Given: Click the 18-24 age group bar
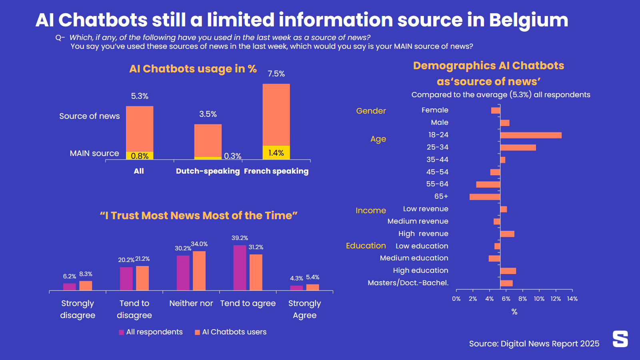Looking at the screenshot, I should coord(531,135).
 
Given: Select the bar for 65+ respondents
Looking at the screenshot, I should coord(485,197).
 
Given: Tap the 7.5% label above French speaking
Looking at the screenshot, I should coord(276,74).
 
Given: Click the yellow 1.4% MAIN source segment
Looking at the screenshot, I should coord(276,152).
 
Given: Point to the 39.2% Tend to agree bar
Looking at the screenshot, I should coord(240,268).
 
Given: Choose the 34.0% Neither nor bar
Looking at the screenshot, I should coord(199,271).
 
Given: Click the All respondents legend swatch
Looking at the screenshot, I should coord(122,332).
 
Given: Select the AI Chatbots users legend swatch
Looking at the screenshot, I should coord(197,332).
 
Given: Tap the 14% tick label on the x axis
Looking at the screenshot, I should coord(572,299).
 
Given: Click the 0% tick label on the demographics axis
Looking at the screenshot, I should coord(456,299).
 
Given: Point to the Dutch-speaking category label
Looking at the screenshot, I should coord(208,171).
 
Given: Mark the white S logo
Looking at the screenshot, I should coord(620,339).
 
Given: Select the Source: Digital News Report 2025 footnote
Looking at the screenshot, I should coord(534,344).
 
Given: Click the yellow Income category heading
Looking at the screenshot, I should coord(371,210).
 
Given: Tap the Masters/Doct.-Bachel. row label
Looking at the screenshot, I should coord(408,283).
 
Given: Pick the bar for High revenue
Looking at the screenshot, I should coord(507,234).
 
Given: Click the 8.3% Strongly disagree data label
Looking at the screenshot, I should coord(86,274).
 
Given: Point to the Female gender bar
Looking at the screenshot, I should coord(496,110).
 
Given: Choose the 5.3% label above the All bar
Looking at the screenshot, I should coord(140,96).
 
